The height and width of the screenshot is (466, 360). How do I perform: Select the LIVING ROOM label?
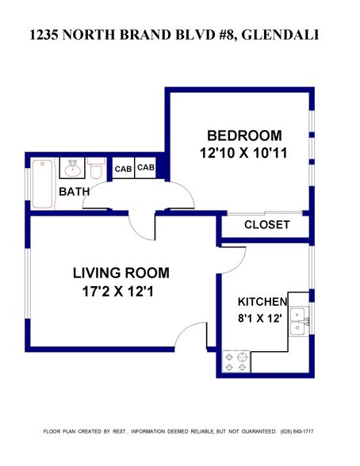click(121, 273)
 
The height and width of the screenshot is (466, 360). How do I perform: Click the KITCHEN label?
click(262, 302)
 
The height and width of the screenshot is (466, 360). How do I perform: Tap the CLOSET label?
click(266, 225)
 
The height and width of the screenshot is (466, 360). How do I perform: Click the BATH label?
click(75, 191)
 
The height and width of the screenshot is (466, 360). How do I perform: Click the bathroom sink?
click(73, 168)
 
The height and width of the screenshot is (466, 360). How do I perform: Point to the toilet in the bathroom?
click(97, 170)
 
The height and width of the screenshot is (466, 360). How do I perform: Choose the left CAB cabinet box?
click(123, 169)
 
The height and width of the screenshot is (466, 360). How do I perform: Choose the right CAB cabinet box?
click(146, 168)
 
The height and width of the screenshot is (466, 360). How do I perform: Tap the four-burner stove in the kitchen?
click(237, 361)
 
